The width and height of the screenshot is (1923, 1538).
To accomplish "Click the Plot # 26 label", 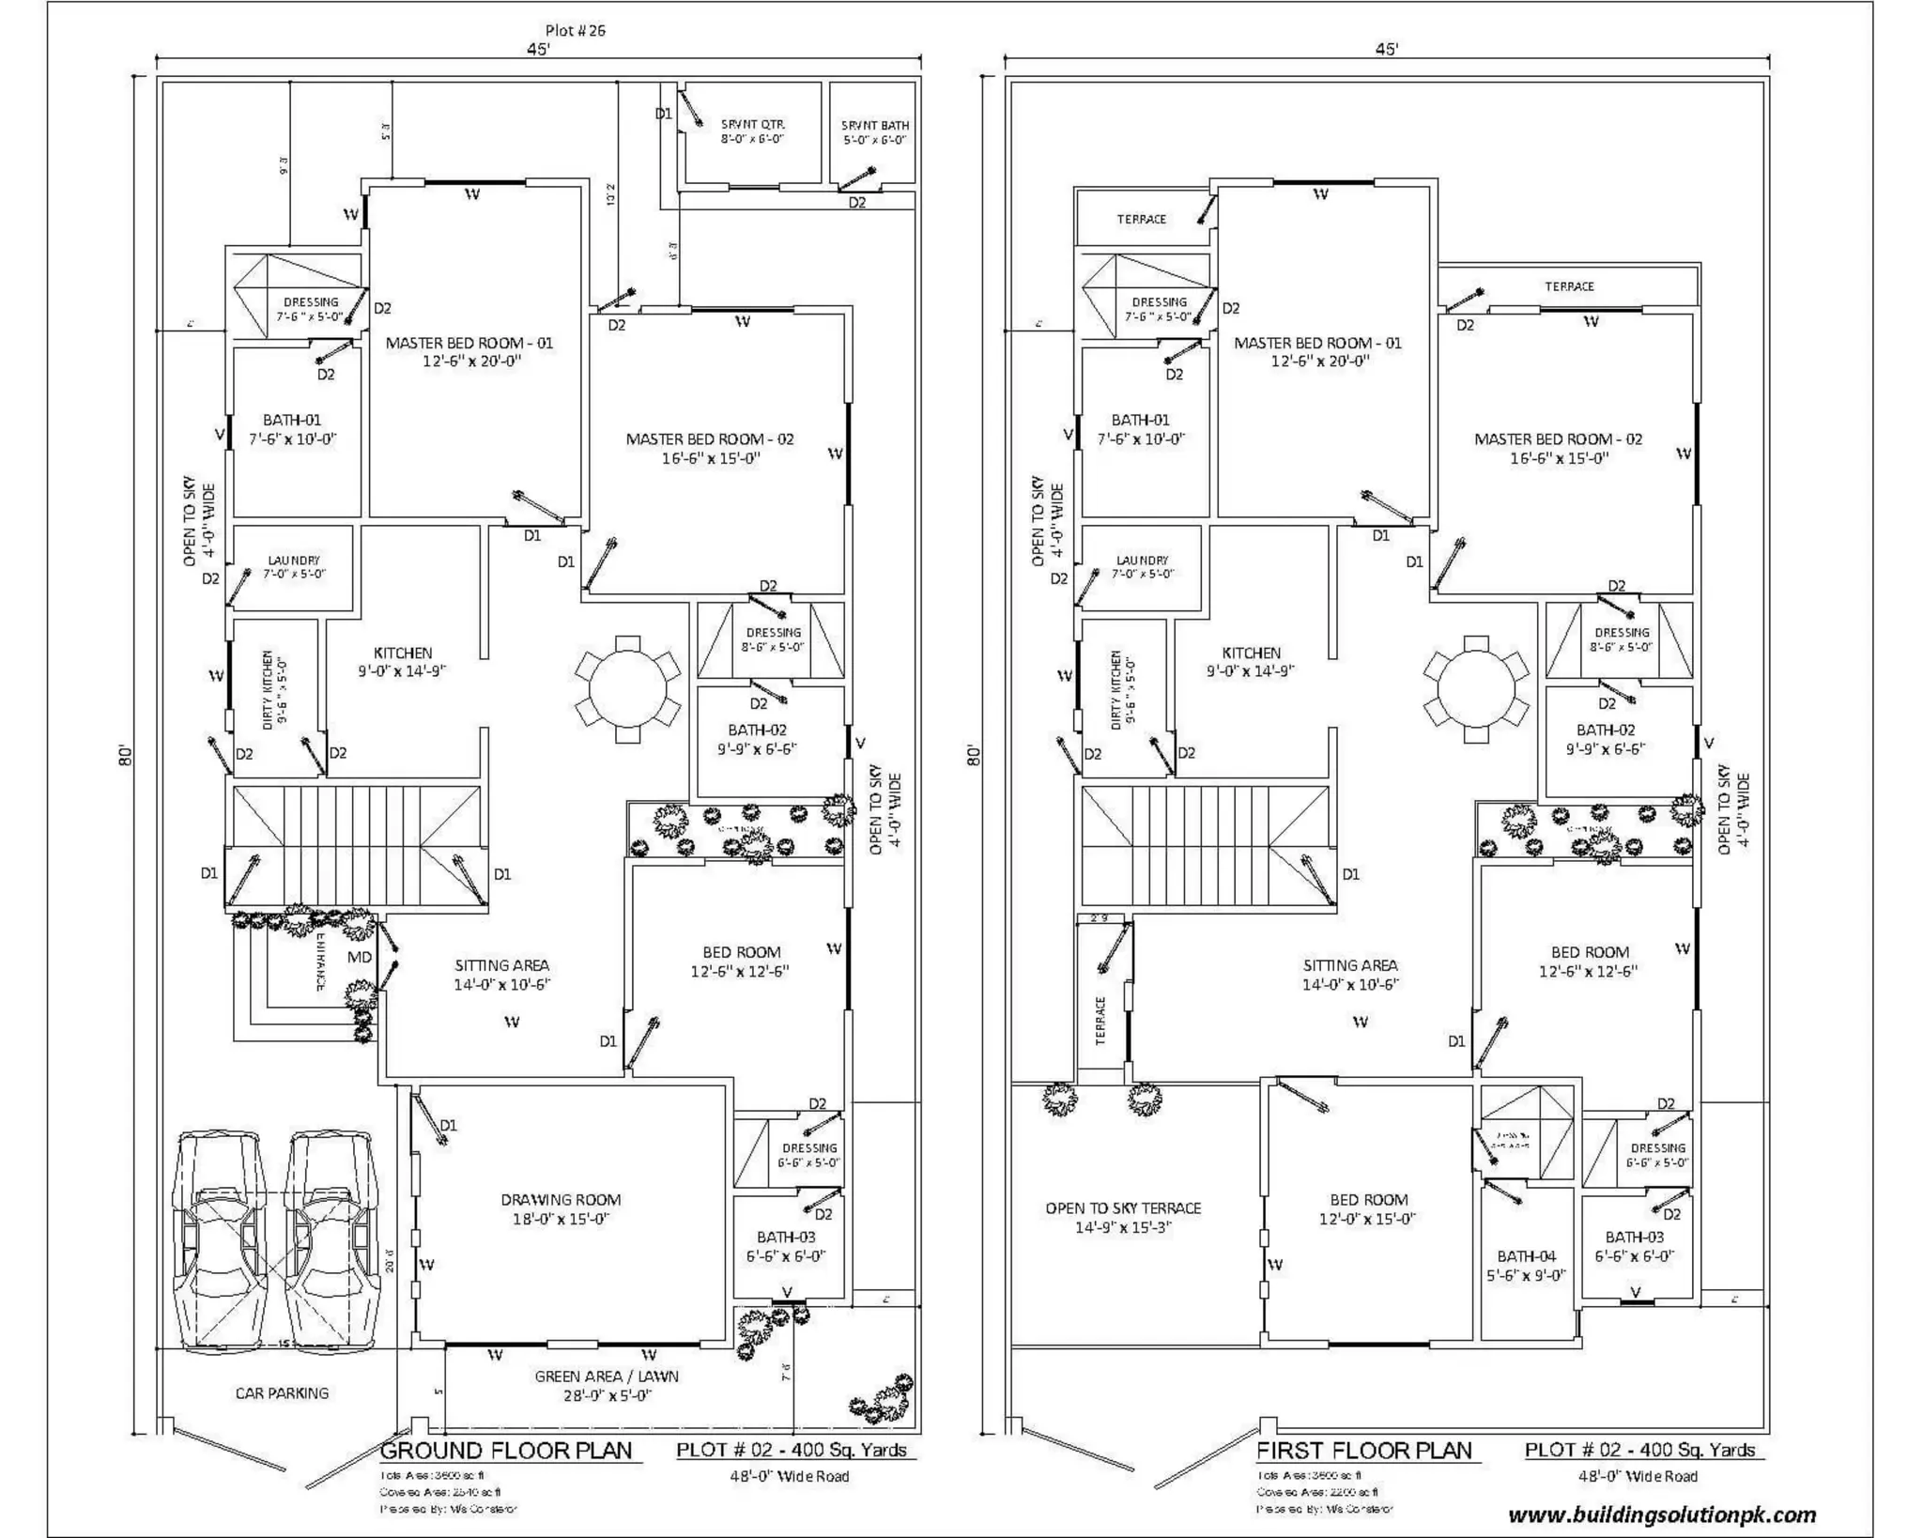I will [x=575, y=30].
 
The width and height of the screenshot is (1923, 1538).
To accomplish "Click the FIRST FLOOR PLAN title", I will [x=1363, y=1451].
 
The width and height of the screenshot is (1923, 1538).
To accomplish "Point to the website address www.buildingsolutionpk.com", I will [x=1662, y=1515].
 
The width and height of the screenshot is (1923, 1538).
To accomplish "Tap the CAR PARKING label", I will [x=282, y=1393].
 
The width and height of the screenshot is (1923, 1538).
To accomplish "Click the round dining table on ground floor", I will [x=627, y=689].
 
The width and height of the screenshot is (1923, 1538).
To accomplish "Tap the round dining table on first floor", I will [x=1476, y=689].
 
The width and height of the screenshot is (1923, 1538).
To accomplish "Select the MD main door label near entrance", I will [x=360, y=957].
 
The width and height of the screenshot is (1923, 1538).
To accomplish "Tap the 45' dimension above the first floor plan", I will [x=1387, y=49].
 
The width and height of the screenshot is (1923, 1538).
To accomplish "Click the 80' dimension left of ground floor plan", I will [x=126, y=756].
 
